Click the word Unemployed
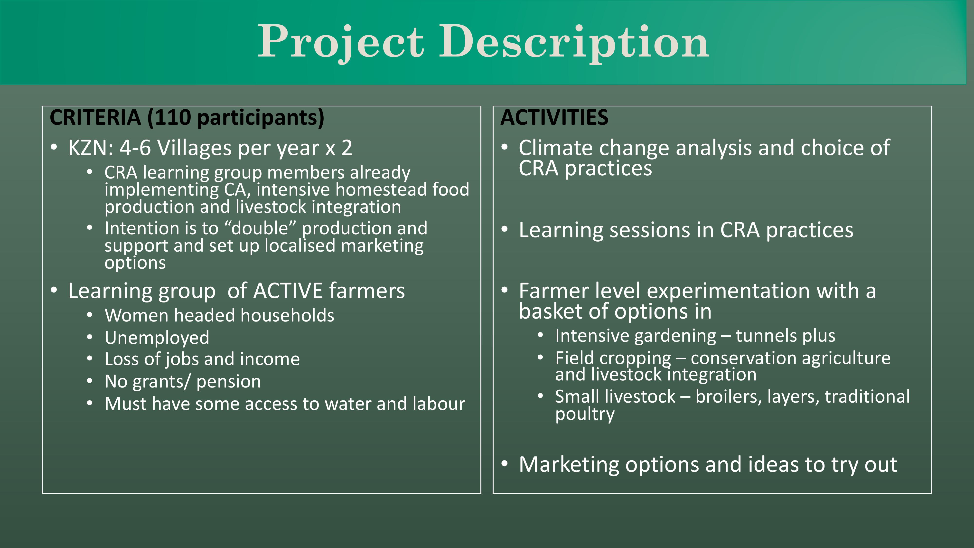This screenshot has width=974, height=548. coord(157,338)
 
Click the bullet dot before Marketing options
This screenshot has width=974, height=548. coord(504,464)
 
